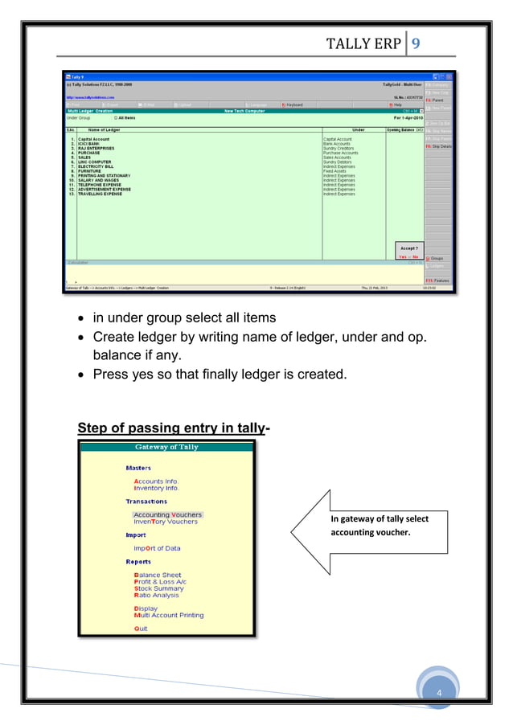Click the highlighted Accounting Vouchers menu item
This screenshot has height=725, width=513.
point(167,514)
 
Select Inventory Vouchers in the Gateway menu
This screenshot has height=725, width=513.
point(165,522)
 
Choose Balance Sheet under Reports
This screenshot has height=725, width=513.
point(158,575)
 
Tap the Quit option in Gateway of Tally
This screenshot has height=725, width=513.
point(141,629)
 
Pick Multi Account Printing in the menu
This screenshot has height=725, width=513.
point(169,616)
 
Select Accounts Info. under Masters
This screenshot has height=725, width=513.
point(156,481)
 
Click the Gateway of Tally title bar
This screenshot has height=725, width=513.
point(166,447)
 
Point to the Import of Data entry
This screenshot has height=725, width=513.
point(157,549)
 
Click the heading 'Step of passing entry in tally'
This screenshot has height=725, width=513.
point(170,427)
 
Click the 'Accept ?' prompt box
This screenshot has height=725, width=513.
point(409,250)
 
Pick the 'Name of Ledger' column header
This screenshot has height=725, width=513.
point(104,129)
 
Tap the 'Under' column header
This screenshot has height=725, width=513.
point(359,129)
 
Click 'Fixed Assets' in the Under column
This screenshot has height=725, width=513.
point(336,169)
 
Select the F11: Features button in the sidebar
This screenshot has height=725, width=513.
point(438,281)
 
